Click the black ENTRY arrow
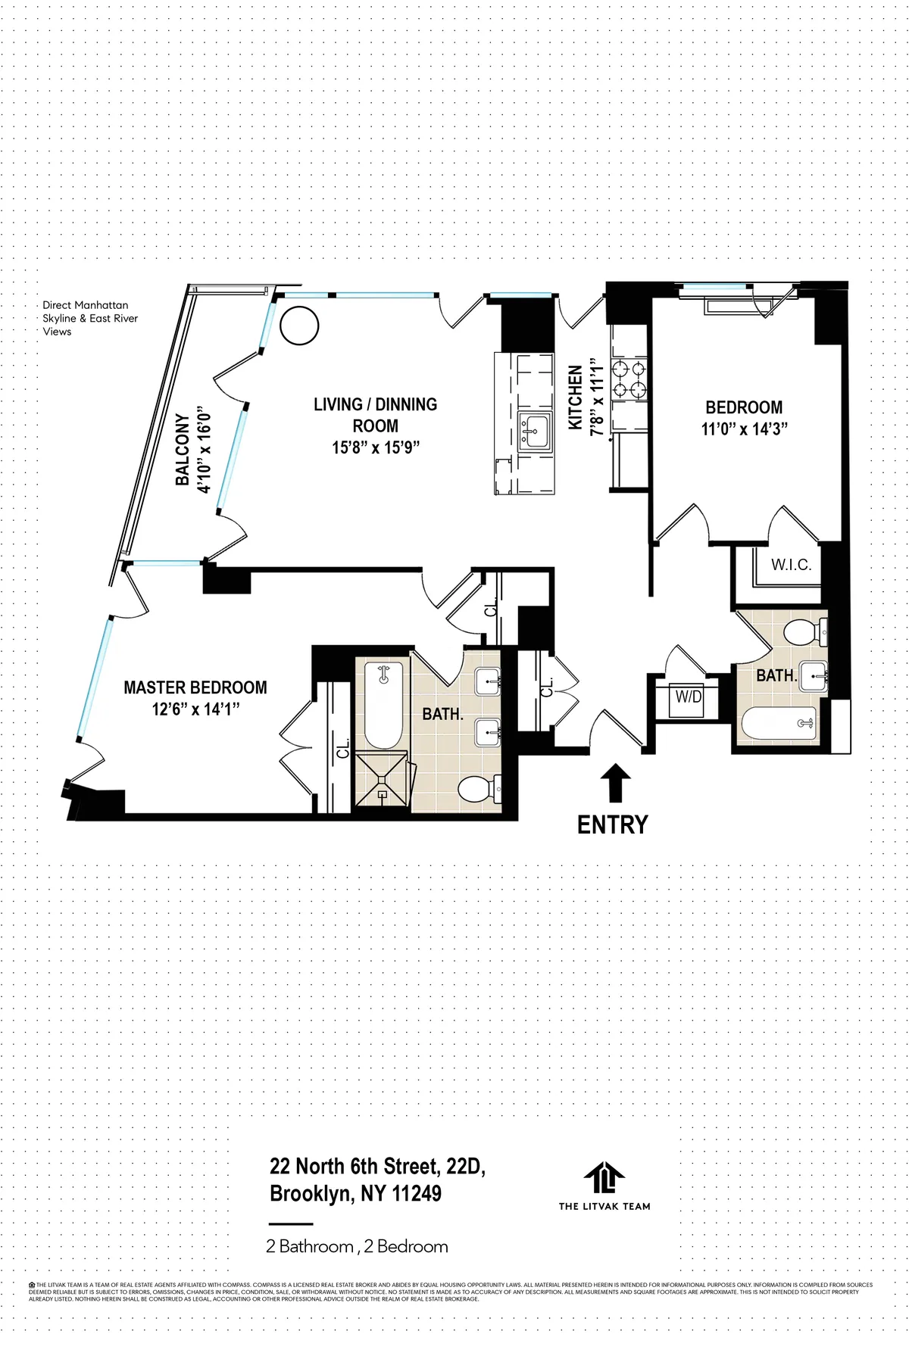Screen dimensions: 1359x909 614,782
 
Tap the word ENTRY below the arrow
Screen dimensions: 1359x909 612,824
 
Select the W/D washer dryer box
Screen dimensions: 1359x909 689,697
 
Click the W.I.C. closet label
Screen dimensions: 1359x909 791,565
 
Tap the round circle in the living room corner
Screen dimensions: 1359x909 299,326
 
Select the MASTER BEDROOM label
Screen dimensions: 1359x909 195,687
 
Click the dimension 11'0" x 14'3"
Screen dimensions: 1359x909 745,429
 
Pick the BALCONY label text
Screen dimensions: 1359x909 183,450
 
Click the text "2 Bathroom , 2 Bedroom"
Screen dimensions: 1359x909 357,1246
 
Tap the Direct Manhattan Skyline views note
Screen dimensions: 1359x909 90,319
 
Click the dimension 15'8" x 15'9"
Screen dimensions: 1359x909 376,447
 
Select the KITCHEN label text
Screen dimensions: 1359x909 576,398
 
